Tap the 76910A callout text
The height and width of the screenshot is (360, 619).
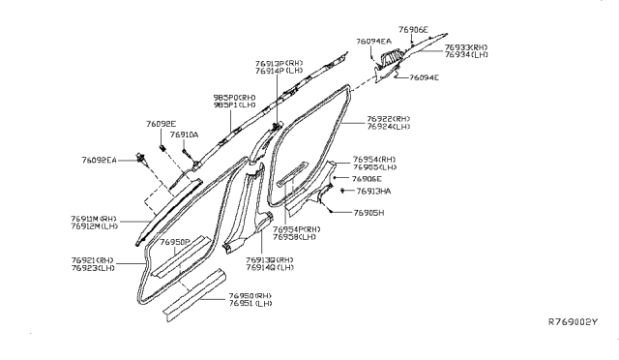184,135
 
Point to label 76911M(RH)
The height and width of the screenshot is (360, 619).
93,219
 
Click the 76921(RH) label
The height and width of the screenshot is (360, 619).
93,261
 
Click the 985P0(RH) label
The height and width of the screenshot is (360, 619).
234,98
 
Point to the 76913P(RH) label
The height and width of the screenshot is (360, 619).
278,63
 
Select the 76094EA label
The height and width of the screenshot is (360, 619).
372,42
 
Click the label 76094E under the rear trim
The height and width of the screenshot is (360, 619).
424,77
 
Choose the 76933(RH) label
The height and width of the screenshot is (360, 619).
466,46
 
